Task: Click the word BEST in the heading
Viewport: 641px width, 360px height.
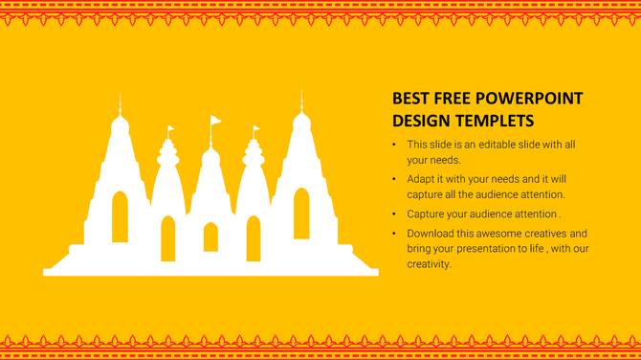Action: (409, 99)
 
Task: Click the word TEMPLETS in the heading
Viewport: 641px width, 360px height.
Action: (491, 121)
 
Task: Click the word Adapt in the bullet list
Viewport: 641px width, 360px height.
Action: (422, 179)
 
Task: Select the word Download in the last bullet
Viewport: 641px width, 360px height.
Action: (431, 234)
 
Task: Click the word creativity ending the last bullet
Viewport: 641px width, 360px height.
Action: (429, 264)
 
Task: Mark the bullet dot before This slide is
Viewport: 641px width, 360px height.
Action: (395, 145)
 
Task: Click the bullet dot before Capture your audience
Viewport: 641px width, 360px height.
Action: (395, 214)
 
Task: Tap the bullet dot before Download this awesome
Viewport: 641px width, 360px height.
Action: (395, 234)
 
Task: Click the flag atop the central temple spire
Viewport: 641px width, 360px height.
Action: (215, 121)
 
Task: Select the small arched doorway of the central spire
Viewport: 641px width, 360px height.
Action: (210, 236)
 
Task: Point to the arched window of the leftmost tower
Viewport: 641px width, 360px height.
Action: (120, 216)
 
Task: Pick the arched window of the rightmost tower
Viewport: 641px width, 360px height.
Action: (301, 214)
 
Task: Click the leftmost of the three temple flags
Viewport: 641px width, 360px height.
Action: (170, 128)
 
